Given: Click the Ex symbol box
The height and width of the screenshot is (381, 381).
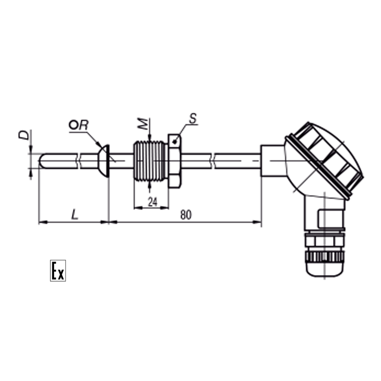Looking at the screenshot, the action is coord(58,271).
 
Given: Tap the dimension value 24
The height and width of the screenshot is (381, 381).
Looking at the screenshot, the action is coord(152,202).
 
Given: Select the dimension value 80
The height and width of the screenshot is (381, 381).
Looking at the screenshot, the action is coord(186,215).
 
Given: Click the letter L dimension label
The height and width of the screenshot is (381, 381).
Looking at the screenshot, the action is coord(75,215).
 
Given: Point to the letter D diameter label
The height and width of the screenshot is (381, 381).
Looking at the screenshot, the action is coord(24,135).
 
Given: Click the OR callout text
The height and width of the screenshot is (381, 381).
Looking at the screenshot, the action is coord(78,125).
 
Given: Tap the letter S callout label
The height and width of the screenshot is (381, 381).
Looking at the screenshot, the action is coord(193,118).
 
